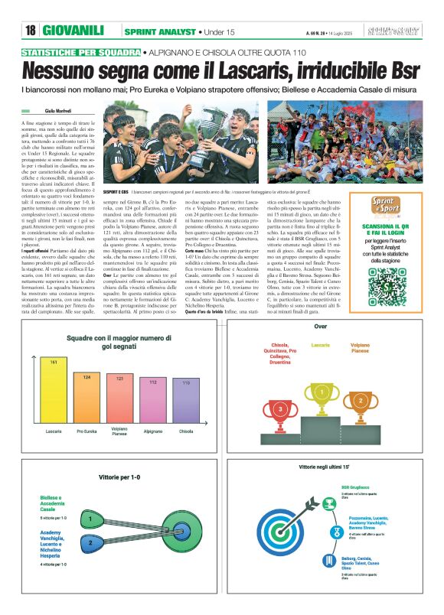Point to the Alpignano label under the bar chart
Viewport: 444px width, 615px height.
153,432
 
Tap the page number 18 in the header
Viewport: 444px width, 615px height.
30,31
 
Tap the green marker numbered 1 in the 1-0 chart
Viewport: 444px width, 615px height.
91,520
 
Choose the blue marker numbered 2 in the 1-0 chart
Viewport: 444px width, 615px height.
91,543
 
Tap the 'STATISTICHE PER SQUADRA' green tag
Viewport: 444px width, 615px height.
80,52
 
